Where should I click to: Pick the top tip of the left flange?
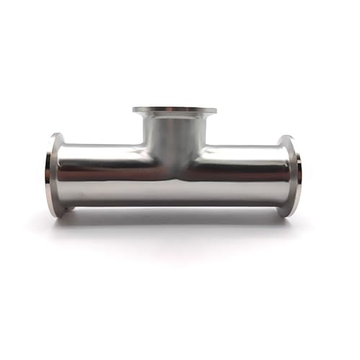tap(56, 135)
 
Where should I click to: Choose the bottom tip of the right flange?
tap(288, 215)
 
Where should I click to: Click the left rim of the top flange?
tap(135, 112)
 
